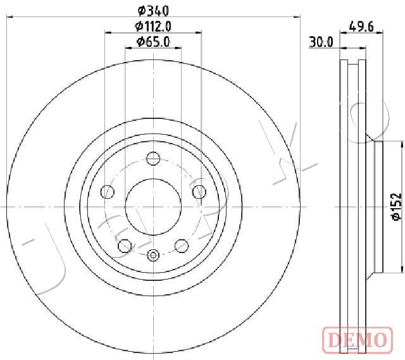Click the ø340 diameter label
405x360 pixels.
click(153, 11)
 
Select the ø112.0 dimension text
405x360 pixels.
click(153, 26)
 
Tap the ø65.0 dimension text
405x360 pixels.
click(153, 42)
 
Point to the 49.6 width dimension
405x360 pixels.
click(361, 27)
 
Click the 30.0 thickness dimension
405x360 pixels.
click(321, 42)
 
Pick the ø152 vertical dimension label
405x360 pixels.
click(397, 207)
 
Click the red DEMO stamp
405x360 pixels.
click(358, 339)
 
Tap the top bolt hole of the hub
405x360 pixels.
click(153, 158)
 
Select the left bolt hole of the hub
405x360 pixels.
click(108, 192)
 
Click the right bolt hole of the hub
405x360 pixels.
click(199, 192)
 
